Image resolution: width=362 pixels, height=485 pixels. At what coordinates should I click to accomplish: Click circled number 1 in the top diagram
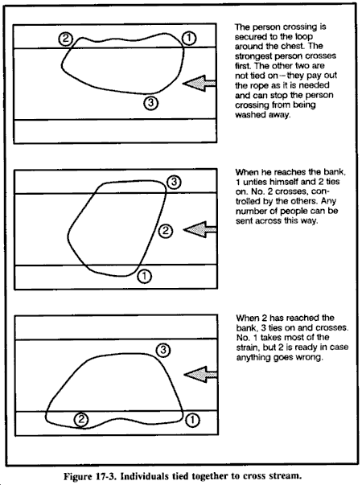189,39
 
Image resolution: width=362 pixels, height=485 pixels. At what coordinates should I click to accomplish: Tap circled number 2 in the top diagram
66,39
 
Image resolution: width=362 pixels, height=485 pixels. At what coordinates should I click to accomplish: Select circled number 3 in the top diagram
151,103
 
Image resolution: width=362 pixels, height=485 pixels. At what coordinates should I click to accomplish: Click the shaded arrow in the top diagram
200,83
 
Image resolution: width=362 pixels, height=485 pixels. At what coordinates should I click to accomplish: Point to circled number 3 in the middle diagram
175,182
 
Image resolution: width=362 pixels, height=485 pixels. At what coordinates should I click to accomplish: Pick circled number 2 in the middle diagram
166,231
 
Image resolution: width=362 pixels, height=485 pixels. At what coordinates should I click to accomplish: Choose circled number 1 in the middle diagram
144,276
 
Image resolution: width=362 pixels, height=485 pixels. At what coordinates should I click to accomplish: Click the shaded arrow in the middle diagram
200,229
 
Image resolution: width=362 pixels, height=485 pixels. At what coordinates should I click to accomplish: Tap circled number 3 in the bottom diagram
163,350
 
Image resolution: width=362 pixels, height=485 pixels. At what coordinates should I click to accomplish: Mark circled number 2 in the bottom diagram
81,419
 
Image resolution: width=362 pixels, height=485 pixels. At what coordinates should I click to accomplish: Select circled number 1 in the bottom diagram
192,420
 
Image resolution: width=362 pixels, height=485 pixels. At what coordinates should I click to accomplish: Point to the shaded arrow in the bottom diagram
200,375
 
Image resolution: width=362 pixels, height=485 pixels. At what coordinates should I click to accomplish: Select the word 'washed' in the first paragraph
247,115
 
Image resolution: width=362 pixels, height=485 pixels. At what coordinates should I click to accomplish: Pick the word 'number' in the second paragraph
249,212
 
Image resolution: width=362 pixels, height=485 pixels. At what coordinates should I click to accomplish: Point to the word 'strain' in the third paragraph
247,347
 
